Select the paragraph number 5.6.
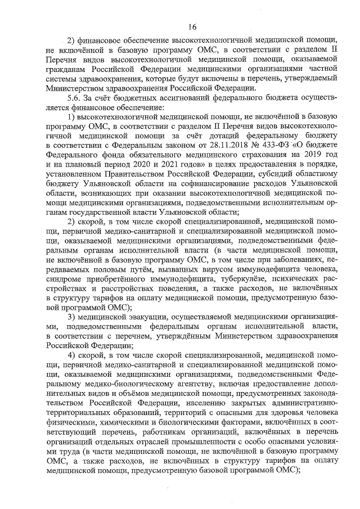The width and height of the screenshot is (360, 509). (75, 97)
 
